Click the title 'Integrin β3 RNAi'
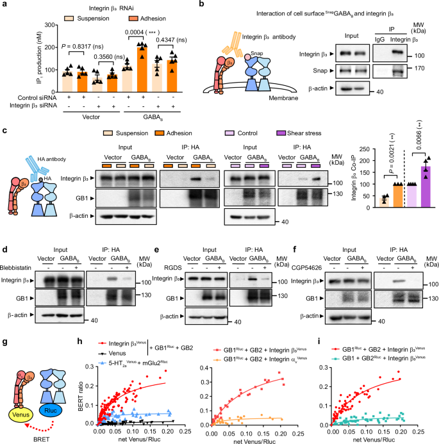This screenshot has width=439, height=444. [92, 7]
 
